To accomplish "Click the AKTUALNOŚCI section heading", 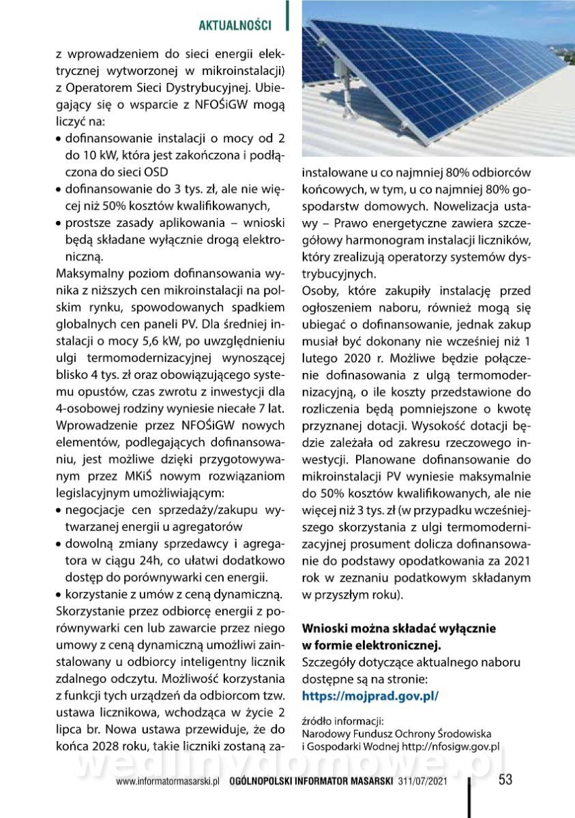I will click(x=234, y=25).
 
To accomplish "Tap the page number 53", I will click(x=505, y=780).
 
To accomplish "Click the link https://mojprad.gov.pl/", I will click(x=370, y=696).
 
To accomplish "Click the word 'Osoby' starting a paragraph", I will click(x=319, y=291).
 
